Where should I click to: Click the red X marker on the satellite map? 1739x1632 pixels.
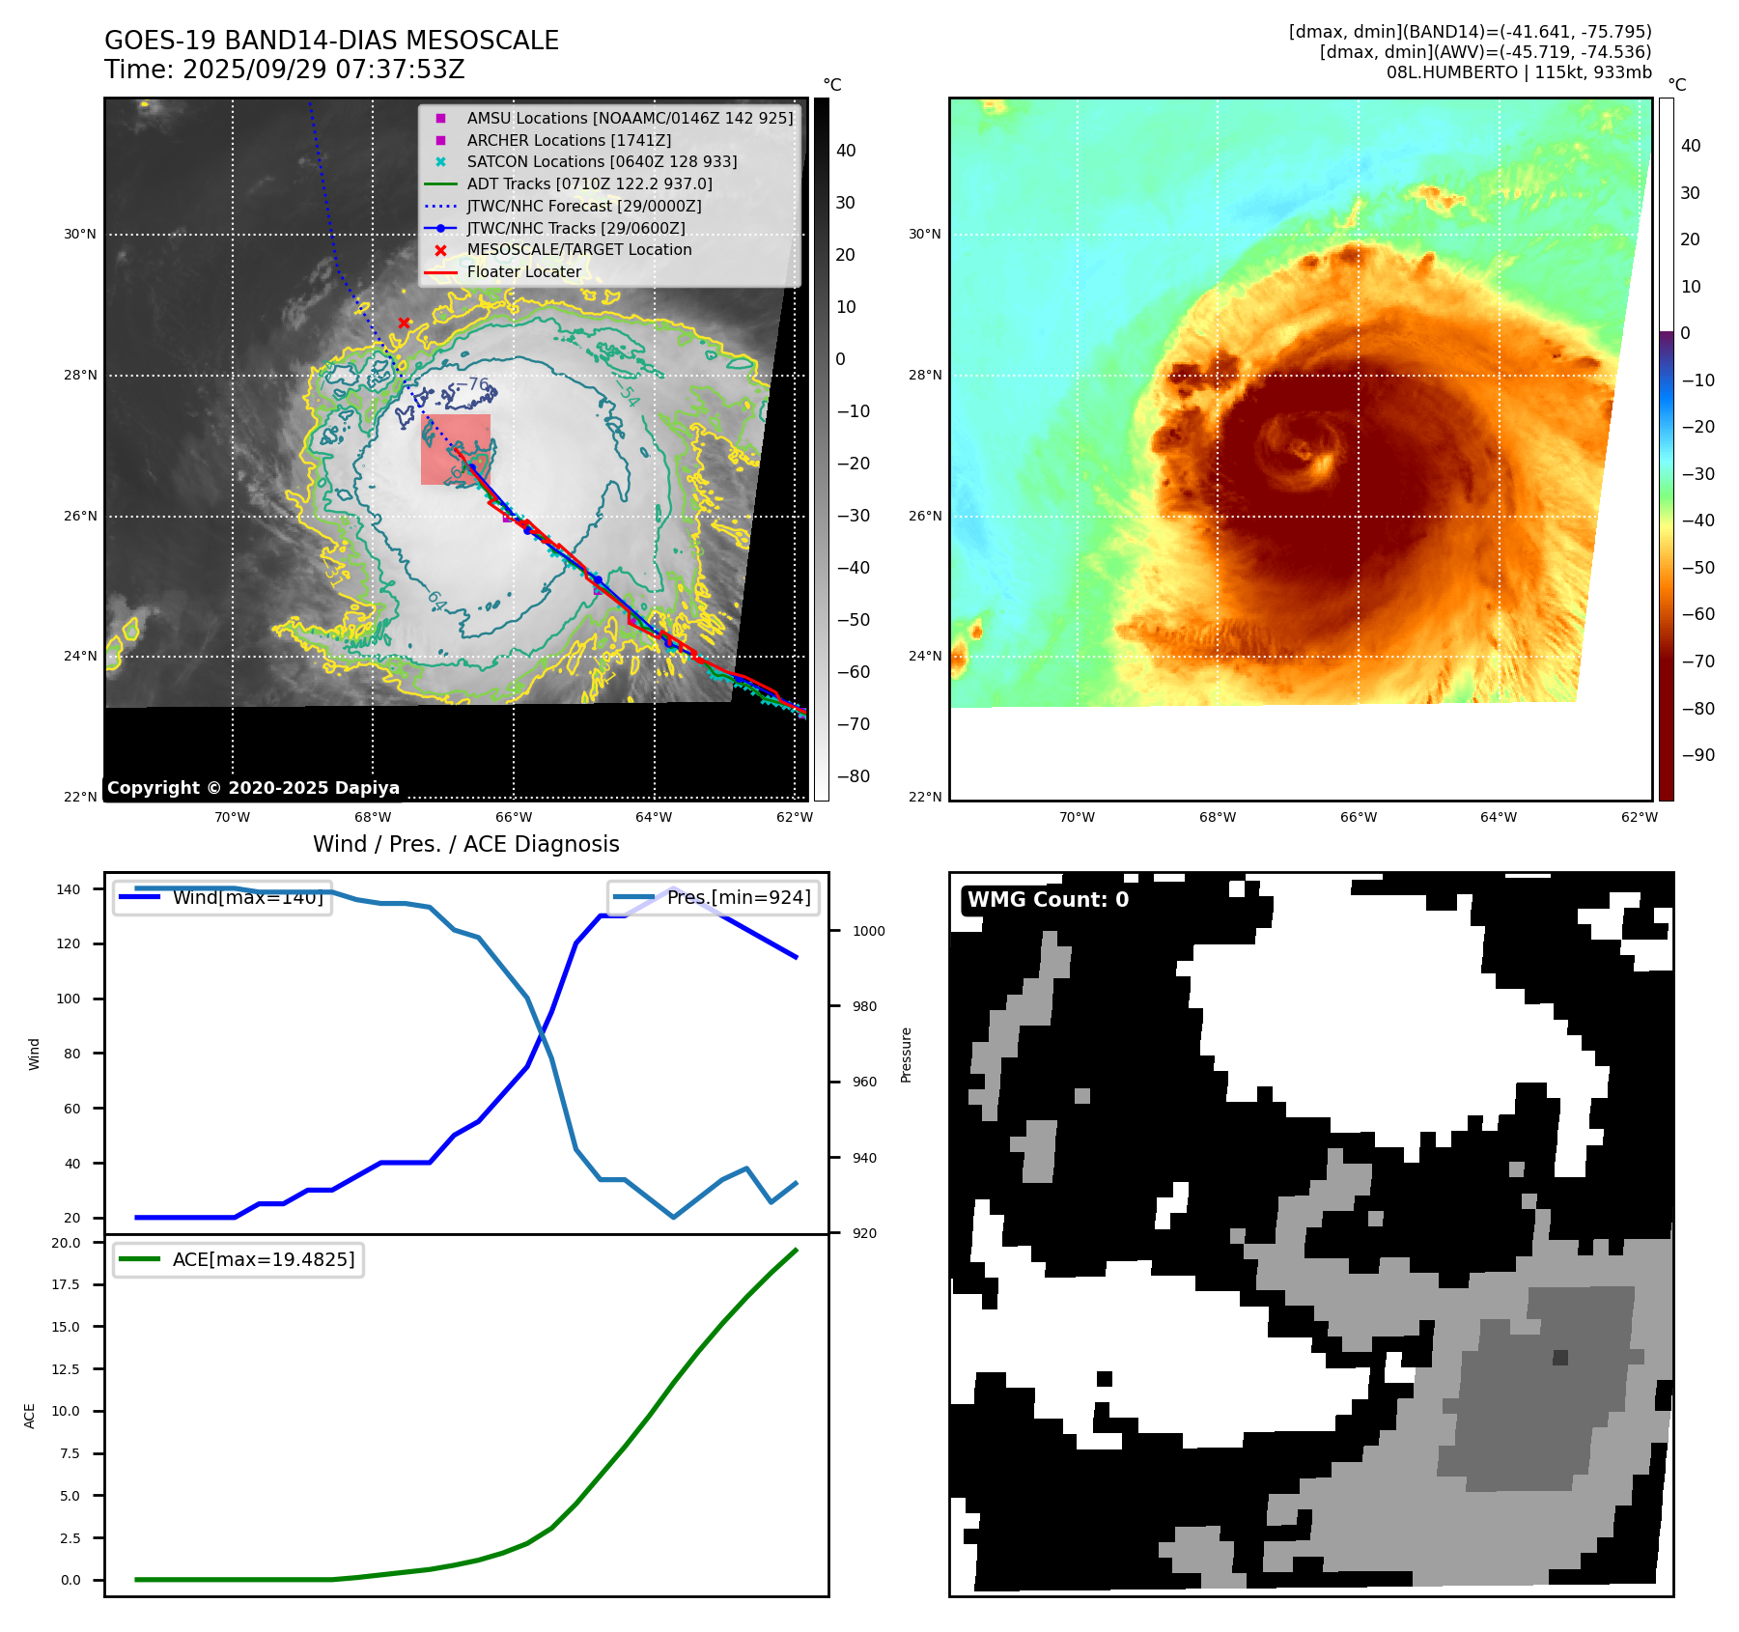click(x=404, y=324)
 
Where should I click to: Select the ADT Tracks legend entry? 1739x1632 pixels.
click(x=589, y=183)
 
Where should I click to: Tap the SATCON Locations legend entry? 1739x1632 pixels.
click(x=602, y=162)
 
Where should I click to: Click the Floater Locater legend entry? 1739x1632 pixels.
click(x=523, y=272)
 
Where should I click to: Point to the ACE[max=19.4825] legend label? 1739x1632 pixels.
click(x=263, y=1260)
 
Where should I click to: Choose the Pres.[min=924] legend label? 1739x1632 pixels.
click(x=738, y=898)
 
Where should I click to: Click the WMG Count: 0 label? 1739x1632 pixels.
click(x=1048, y=900)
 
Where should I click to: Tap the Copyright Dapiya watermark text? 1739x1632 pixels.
click(x=253, y=788)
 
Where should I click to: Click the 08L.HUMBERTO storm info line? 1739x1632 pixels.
click(x=1518, y=72)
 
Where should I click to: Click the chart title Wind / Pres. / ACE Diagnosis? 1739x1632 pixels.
click(x=465, y=845)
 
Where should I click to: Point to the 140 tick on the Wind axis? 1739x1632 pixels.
click(x=69, y=889)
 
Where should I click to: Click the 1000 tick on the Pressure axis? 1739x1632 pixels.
click(x=868, y=932)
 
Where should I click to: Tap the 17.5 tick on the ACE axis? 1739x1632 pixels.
click(x=66, y=1284)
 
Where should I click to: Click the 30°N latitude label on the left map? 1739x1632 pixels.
click(x=80, y=235)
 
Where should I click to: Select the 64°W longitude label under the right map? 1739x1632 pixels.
click(x=1498, y=818)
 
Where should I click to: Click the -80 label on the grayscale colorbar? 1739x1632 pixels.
click(x=854, y=776)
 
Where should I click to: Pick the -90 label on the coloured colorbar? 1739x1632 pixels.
click(x=1697, y=755)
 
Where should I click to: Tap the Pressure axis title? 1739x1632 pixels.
click(x=906, y=1055)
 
